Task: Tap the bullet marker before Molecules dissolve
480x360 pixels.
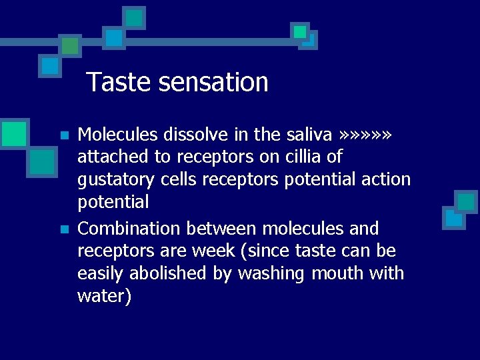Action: (x=64, y=135)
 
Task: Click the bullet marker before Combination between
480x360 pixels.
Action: (x=64, y=229)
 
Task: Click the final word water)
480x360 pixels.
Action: (x=105, y=297)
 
